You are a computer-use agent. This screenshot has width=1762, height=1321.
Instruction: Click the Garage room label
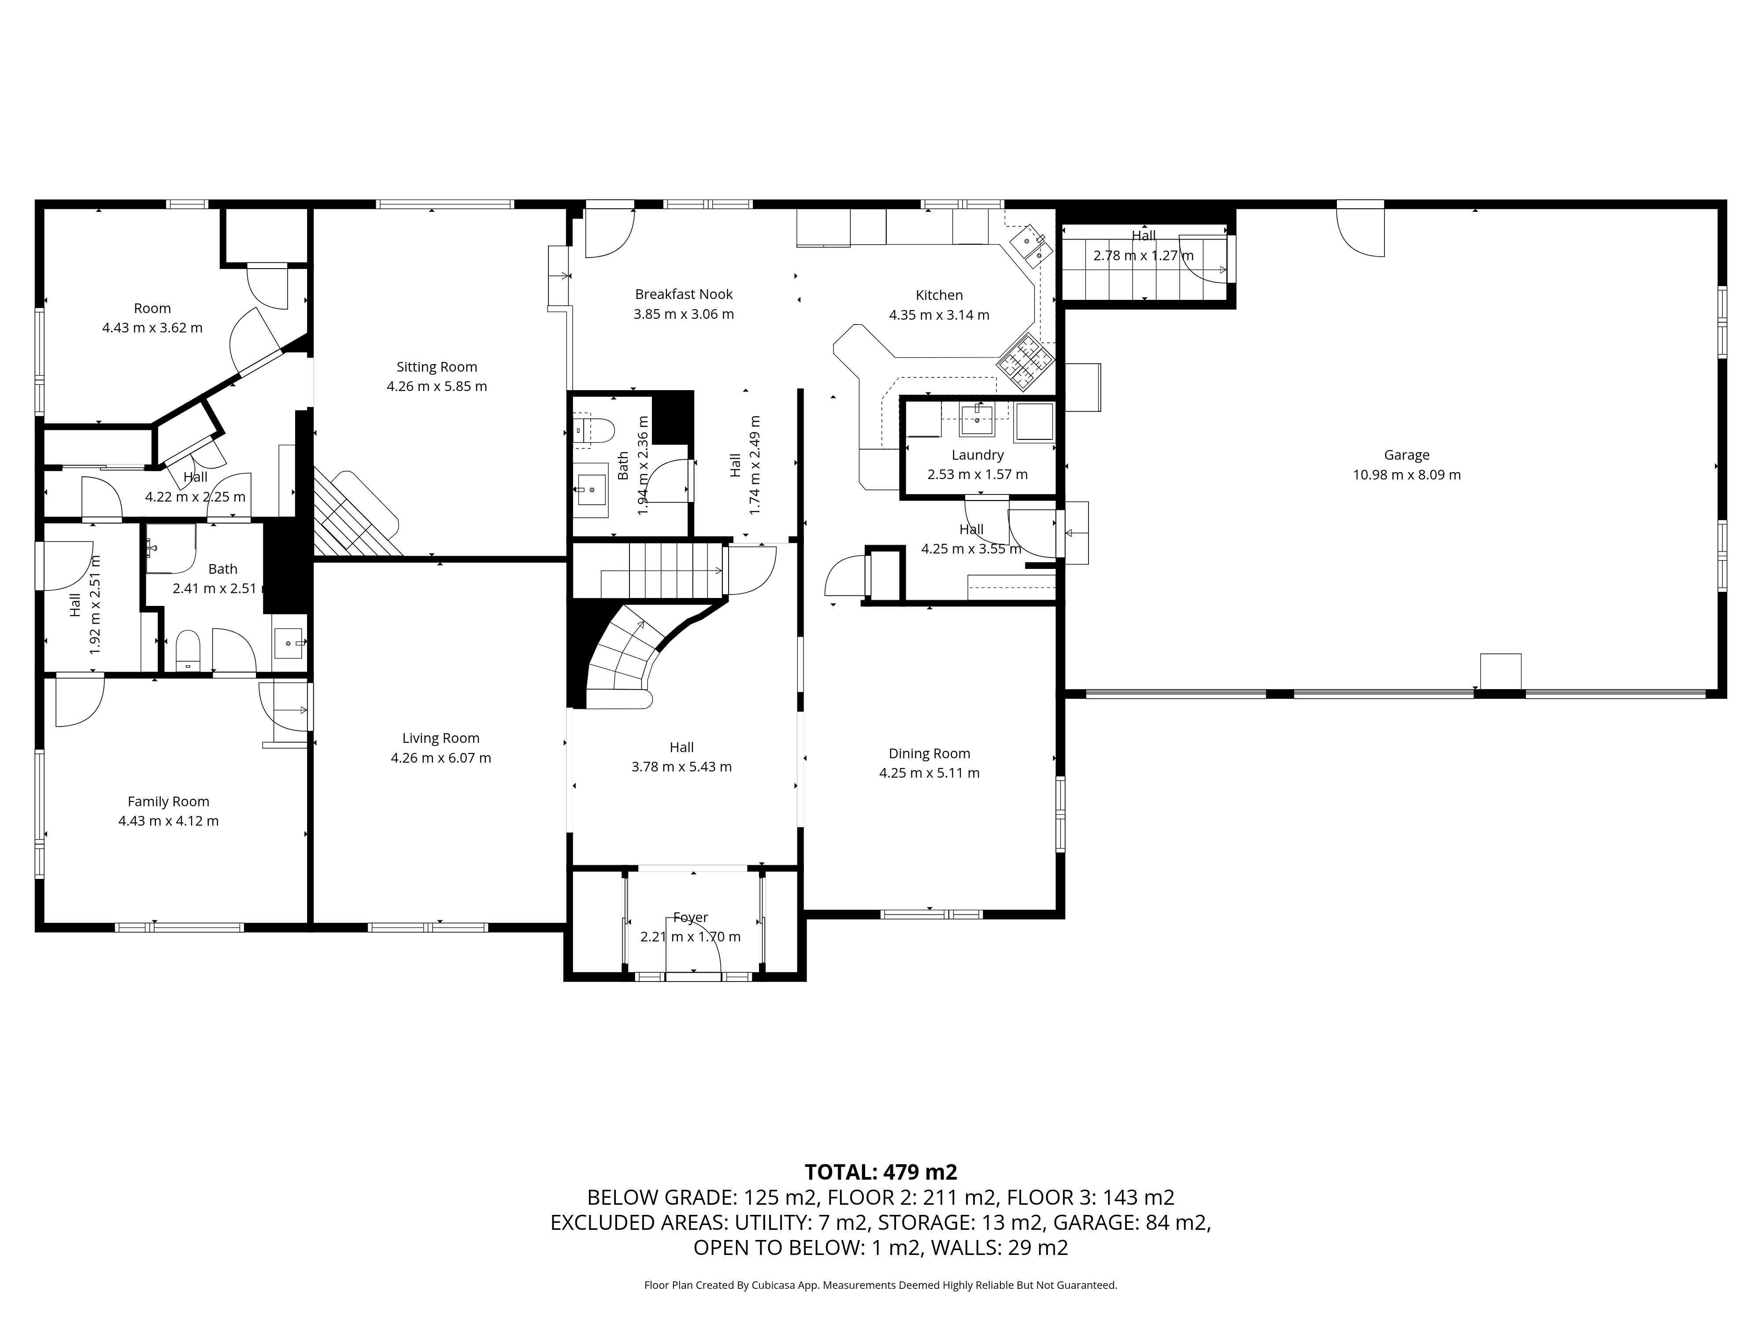click(x=1406, y=455)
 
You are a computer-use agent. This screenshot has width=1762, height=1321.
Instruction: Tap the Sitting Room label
click(x=437, y=367)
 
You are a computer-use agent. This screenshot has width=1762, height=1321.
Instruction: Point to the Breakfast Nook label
click(x=684, y=295)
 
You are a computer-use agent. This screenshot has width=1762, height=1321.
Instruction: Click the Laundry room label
click(x=977, y=455)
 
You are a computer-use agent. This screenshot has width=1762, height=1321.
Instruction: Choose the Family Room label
click(x=168, y=802)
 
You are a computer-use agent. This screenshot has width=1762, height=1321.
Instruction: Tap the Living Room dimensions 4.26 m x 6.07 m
click(x=440, y=758)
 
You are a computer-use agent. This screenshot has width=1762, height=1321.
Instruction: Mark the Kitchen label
click(x=939, y=295)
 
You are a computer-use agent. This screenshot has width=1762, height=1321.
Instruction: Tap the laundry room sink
click(x=977, y=418)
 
